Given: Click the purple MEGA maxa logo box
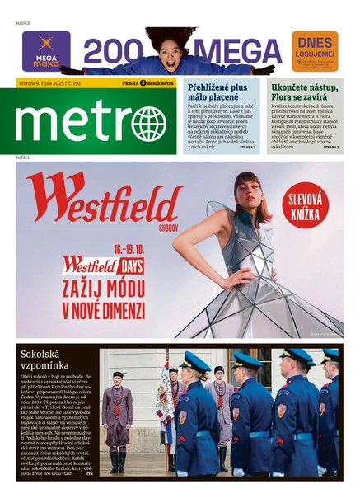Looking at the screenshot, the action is click(x=45, y=51).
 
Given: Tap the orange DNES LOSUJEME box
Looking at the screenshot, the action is click(x=315, y=51).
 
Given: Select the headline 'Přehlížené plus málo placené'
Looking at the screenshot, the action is click(x=217, y=91).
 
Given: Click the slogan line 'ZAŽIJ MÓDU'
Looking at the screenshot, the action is click(x=103, y=289).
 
